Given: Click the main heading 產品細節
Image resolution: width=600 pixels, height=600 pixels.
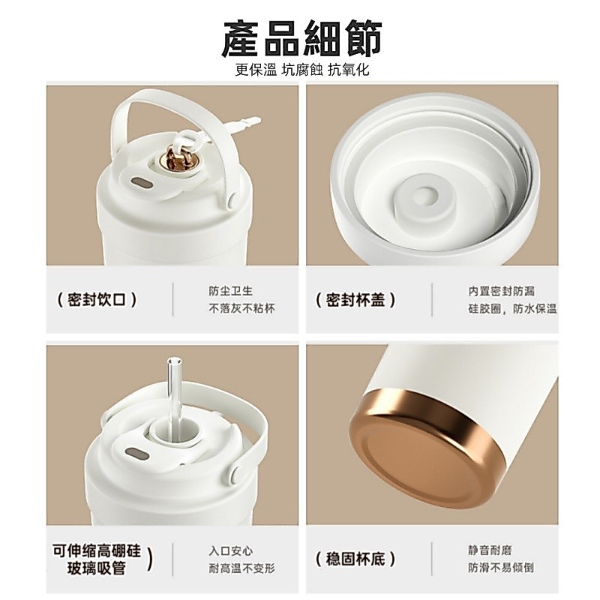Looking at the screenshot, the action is (302, 40).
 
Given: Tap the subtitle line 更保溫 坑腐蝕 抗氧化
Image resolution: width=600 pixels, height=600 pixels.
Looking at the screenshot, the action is (302, 70).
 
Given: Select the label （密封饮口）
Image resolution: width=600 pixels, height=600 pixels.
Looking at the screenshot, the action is (97, 299).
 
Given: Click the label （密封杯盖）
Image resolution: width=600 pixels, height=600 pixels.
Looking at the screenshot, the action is (355, 299).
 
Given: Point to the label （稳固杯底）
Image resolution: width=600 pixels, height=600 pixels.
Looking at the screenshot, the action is (355, 559).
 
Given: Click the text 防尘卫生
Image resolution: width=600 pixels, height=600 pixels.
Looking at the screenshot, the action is (230, 291).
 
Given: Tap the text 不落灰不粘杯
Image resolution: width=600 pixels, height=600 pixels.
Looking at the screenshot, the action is (241, 308).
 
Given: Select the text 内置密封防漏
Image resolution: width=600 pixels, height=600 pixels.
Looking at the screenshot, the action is (501, 291).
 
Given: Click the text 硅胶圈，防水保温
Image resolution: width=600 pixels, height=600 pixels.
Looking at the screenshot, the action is (512, 308).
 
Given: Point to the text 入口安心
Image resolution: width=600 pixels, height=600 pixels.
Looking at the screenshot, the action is (230, 551).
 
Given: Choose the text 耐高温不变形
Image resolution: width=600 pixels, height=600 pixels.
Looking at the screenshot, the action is (241, 568).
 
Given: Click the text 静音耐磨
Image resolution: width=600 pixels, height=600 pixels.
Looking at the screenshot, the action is (490, 550).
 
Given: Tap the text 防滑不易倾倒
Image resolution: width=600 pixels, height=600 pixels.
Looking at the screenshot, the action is (501, 568).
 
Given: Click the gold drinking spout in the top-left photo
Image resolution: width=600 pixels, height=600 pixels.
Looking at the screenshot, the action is (177, 158).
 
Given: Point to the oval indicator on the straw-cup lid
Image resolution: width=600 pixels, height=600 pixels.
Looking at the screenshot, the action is (136, 454).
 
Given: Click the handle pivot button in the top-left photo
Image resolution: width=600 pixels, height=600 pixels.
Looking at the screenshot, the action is (232, 201).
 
